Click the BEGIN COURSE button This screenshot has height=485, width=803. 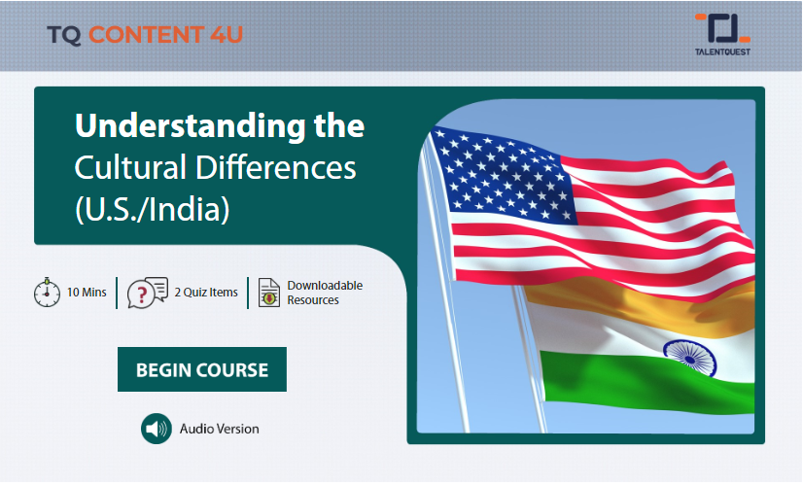[202, 369]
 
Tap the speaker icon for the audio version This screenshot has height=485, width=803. [157, 429]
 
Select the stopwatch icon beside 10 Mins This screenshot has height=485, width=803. [47, 293]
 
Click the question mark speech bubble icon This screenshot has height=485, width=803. [148, 293]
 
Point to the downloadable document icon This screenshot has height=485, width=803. [269, 293]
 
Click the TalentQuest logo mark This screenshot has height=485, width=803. [722, 28]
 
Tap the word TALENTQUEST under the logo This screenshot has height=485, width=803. [722, 52]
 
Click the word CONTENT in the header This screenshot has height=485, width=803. [147, 35]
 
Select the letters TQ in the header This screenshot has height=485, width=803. [64, 35]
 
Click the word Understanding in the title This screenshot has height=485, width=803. [190, 126]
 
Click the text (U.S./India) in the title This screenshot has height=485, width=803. [152, 210]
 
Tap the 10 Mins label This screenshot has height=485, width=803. [87, 293]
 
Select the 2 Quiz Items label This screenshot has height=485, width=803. [206, 293]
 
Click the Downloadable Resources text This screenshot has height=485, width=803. [325, 293]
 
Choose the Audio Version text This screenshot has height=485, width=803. [219, 429]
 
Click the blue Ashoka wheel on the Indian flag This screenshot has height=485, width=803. [690, 358]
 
